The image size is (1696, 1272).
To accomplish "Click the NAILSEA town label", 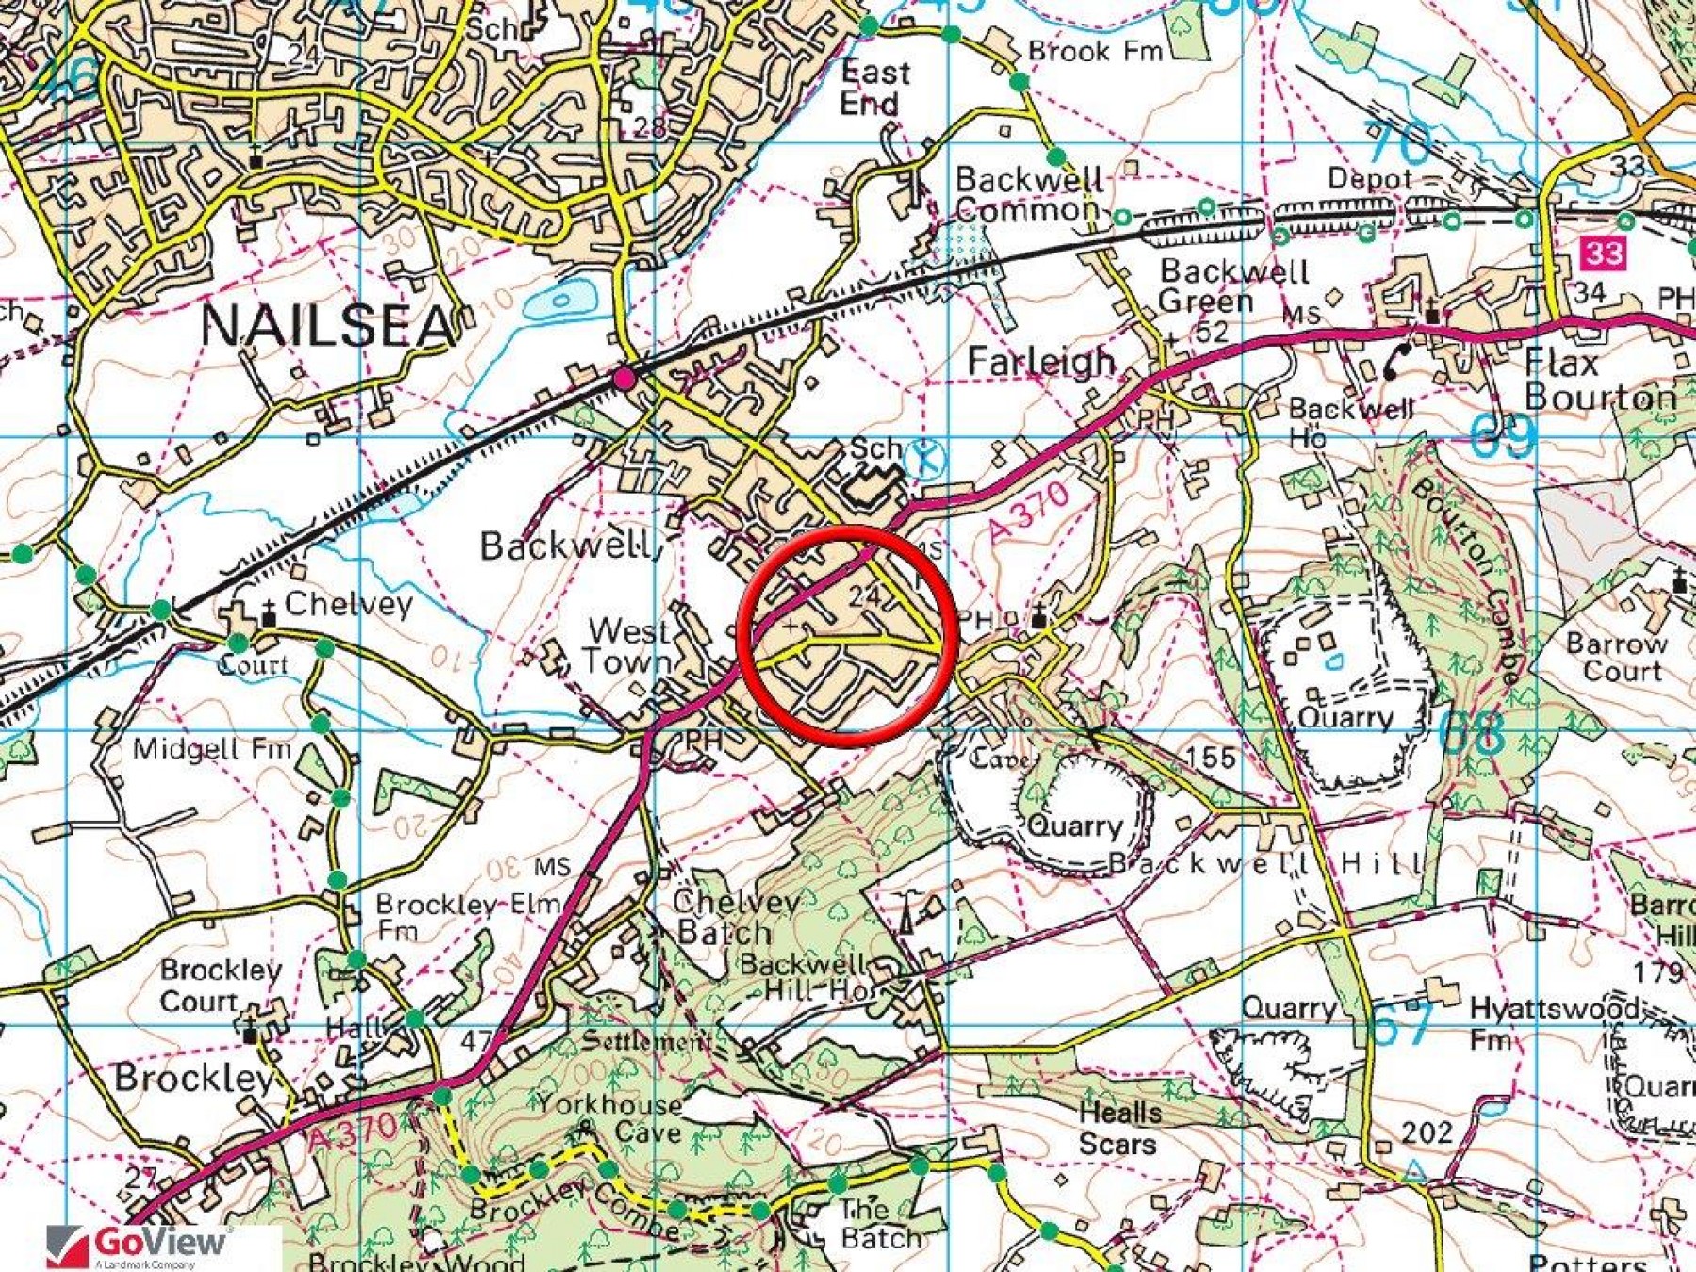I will click(328, 325).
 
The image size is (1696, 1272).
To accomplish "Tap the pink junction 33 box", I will click(1603, 253).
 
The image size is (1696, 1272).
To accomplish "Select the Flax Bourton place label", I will click(1600, 380).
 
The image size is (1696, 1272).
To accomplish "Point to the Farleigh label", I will click(1041, 361).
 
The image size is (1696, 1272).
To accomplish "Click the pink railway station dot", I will click(624, 379).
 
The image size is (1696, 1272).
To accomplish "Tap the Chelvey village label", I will click(348, 604).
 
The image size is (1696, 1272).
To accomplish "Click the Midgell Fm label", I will click(212, 750).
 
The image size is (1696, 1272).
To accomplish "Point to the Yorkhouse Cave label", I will click(611, 1117).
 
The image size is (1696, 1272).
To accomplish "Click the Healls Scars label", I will click(1118, 1128).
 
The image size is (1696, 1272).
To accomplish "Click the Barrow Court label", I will click(1615, 658).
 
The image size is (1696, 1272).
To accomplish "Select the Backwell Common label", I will click(1028, 194).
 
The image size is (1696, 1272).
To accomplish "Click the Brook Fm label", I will click(1096, 51).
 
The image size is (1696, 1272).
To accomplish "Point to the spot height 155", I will click(1210, 757).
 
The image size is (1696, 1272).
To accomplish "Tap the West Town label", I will click(627, 645).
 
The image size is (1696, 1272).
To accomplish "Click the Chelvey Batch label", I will click(735, 917).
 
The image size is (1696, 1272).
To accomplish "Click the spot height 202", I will click(1427, 1132).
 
